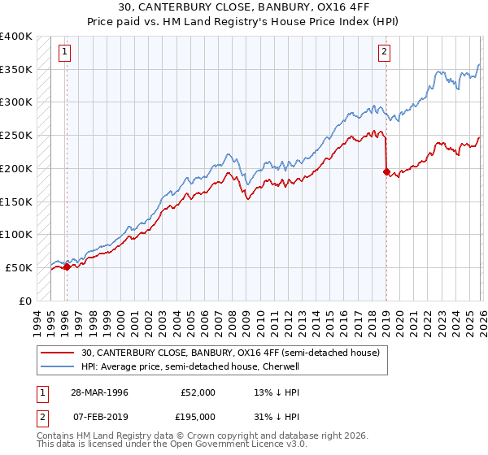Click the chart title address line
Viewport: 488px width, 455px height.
pyautogui.click(x=244, y=8)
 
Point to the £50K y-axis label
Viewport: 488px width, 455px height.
pyautogui.click(x=19, y=267)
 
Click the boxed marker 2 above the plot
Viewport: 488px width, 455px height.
pyautogui.click(x=384, y=53)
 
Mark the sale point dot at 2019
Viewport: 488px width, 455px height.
pyautogui.click(x=386, y=171)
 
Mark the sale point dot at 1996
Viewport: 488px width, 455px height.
pyautogui.click(x=67, y=266)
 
